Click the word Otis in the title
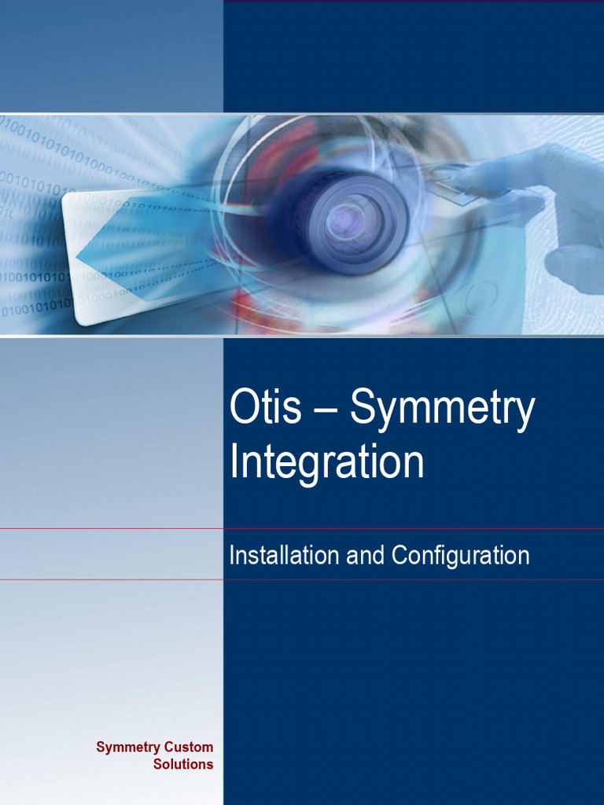[265, 409]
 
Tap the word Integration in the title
[326, 461]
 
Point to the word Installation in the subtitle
[285, 556]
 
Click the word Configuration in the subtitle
[460, 556]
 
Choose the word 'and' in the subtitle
[366, 556]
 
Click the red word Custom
[188, 747]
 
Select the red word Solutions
[182, 764]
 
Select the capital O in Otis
[243, 409]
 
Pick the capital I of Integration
[234, 461]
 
